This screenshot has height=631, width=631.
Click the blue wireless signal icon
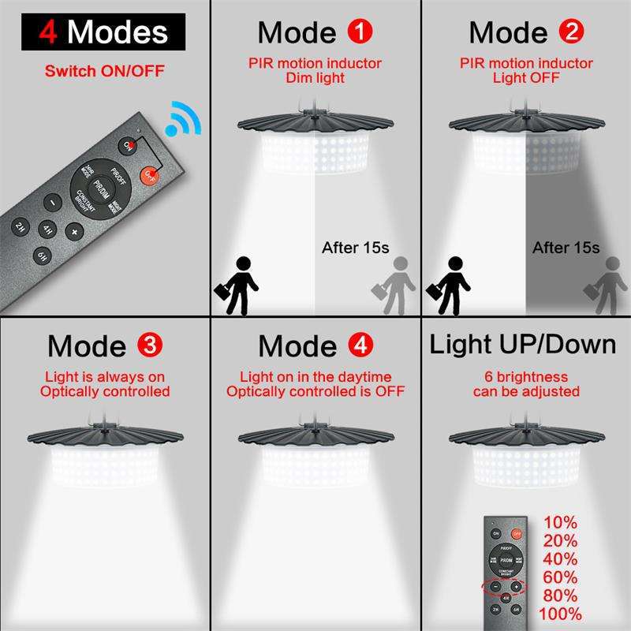point(182,119)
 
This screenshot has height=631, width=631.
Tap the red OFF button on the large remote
point(149,176)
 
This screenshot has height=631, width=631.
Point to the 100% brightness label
point(561,614)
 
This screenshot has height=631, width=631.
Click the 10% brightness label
point(561,522)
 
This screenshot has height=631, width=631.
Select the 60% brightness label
point(561,577)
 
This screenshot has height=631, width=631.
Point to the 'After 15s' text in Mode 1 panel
point(356,248)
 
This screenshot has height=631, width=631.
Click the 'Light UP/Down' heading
point(522,345)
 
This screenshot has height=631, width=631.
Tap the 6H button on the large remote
point(42,255)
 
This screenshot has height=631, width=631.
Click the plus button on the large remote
point(74,232)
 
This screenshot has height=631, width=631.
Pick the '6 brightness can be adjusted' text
point(526,384)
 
